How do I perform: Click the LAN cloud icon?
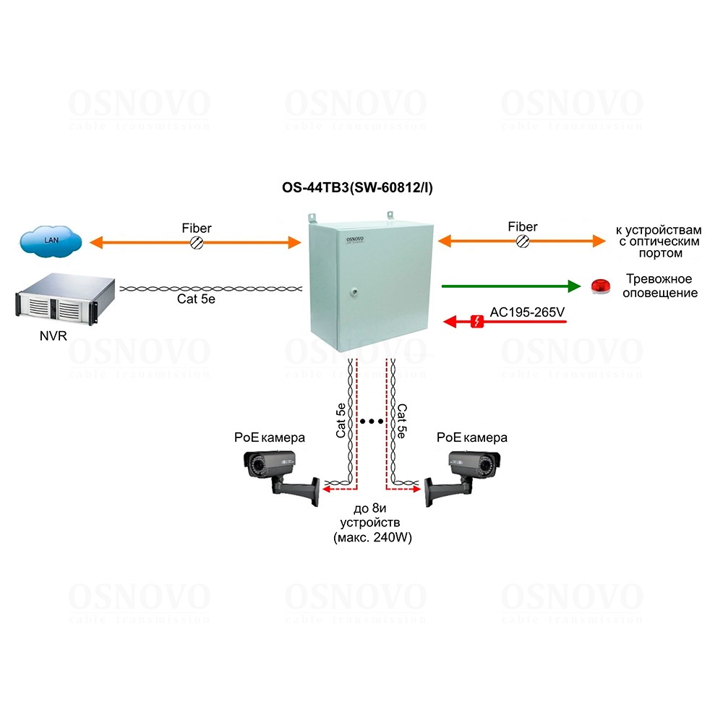click(51, 240)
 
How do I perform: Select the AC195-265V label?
click(527, 312)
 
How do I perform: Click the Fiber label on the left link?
click(196, 228)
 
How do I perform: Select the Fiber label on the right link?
click(522, 227)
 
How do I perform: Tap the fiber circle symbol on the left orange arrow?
click(196, 244)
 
